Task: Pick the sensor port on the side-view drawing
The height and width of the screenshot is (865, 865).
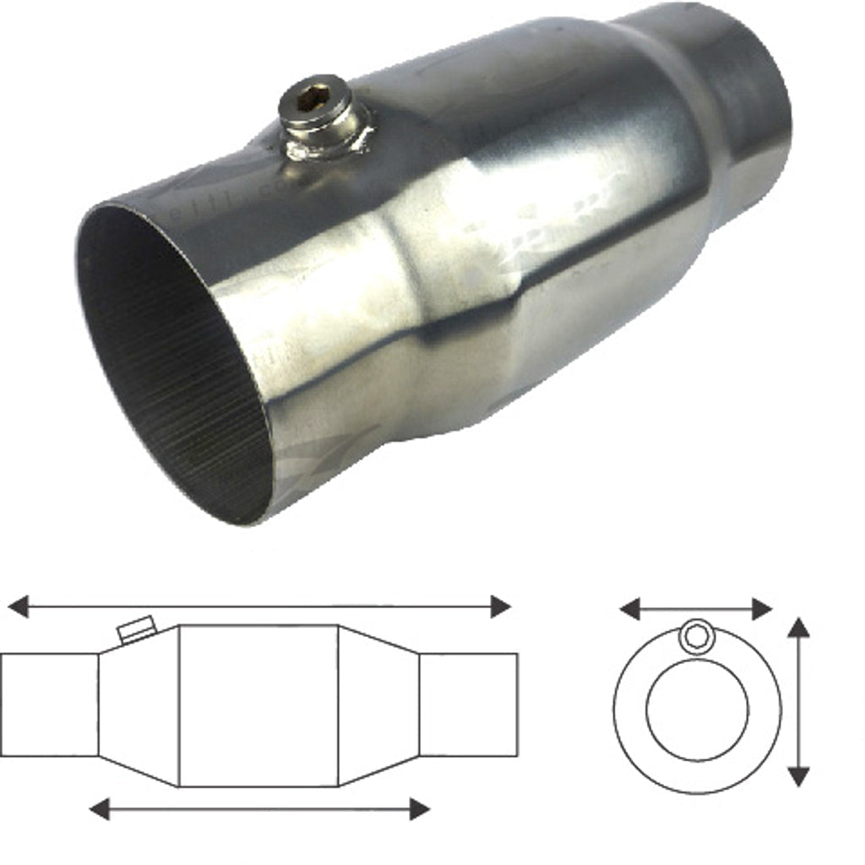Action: pyautogui.click(x=135, y=629)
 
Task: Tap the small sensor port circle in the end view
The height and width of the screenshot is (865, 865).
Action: pyautogui.click(x=697, y=636)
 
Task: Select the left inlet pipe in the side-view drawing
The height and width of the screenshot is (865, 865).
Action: pyautogui.click(x=49, y=705)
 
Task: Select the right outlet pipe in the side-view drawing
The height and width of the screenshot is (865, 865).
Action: pyautogui.click(x=469, y=705)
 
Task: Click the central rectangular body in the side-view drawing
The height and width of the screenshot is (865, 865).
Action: pyautogui.click(x=258, y=705)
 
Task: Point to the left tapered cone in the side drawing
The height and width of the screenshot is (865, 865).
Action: pyautogui.click(x=139, y=705)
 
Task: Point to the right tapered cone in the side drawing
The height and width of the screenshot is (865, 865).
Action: pyautogui.click(x=378, y=705)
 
